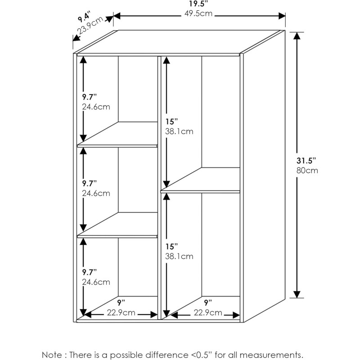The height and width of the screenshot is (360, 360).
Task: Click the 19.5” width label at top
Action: click(198, 4)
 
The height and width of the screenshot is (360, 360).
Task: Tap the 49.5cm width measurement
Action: click(198, 13)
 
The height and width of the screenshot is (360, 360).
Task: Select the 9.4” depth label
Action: click(84, 17)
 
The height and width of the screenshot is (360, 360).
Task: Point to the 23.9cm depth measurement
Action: click(90, 26)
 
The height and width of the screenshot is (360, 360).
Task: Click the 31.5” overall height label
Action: click(306, 161)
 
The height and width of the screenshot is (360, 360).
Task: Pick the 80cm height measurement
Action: click(307, 171)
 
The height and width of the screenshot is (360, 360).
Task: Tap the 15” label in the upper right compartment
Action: click(171, 121)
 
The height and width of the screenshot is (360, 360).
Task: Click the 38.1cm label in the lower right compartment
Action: click(179, 256)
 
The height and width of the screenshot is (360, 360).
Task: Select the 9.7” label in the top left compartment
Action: click(89, 97)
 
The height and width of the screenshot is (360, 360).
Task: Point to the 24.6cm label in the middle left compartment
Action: click(96, 193)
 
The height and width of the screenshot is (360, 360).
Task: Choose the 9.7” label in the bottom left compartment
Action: click(89, 272)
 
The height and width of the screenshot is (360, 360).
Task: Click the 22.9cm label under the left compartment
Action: click(121, 313)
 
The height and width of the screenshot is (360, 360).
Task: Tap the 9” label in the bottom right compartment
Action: click(208, 303)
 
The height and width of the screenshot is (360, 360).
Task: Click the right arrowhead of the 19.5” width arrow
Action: click(282, 16)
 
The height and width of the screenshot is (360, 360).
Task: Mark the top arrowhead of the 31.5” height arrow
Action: click(297, 36)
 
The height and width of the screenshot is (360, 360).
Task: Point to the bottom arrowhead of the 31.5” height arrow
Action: click(297, 294)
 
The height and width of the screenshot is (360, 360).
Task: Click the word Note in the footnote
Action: click(51, 355)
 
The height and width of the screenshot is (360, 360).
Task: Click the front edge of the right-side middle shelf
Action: click(200, 192)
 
